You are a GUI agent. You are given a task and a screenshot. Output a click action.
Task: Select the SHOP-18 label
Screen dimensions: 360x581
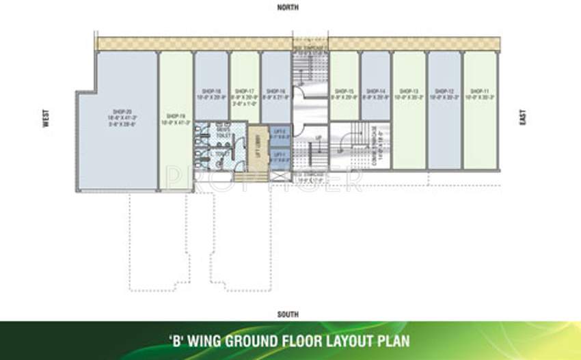coord(211,90)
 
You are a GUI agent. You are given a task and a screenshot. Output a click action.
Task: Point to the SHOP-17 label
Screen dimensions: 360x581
coord(244,90)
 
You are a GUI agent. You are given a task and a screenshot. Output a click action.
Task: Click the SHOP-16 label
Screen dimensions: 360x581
coord(276,90)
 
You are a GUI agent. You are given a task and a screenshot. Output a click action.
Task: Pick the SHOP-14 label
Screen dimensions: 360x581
coord(377,90)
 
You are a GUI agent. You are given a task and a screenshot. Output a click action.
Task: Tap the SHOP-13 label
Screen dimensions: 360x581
coord(409,90)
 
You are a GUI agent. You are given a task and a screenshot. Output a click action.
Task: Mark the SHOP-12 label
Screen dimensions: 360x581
coord(444,90)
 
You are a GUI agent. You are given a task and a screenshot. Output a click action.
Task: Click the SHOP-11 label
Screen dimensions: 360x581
coord(480,90)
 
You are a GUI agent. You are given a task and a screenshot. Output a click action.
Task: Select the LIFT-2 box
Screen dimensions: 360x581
coord(280,135)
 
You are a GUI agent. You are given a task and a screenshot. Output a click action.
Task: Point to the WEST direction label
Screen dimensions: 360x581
coord(46,121)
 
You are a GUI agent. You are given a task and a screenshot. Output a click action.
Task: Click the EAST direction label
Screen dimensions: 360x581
coord(523,119)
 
